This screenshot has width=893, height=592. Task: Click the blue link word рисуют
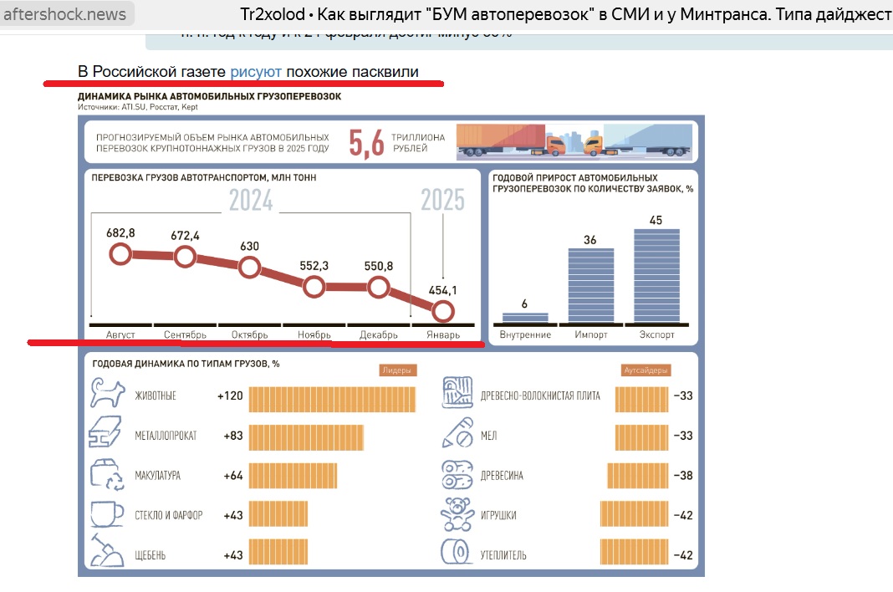pos(255,72)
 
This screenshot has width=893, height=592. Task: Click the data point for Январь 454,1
pos(443,311)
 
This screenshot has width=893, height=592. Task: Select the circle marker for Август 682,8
pos(120,253)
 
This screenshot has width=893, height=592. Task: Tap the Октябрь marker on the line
pos(250,268)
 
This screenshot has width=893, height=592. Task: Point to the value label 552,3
pos(314,266)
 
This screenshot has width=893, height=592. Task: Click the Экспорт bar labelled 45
pos(656,275)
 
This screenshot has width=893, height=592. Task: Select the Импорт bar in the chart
pos(590,285)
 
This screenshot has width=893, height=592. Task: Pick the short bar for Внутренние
pos(525,317)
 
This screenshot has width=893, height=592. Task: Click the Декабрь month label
pos(379,334)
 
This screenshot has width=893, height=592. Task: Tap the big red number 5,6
pos(366,142)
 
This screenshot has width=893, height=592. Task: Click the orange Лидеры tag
pos(393,370)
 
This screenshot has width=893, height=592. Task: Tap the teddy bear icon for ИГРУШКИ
pos(458,514)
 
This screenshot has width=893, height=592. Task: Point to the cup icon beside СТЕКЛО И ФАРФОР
pos(106,514)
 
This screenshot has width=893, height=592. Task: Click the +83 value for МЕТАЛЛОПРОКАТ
pos(233,436)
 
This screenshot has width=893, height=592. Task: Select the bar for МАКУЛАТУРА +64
pos(293,475)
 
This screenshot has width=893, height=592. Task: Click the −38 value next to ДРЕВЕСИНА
pos(683,475)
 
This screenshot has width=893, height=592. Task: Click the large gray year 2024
pos(251,201)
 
